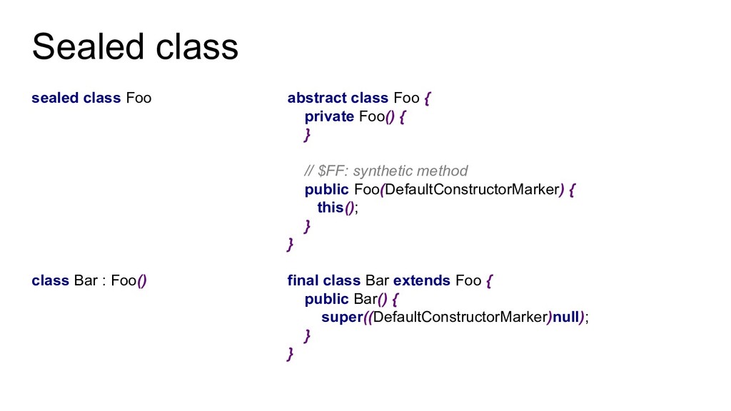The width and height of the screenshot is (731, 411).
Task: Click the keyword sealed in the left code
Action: click(54, 98)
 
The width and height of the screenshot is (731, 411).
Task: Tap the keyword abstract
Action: click(316, 98)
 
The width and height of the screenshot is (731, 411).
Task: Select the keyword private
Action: click(329, 116)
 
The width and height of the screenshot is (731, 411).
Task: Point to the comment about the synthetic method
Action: click(386, 171)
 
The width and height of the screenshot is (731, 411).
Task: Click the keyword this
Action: click(331, 208)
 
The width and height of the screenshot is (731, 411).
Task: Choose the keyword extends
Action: click(421, 280)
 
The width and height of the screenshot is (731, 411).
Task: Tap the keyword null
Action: click(565, 318)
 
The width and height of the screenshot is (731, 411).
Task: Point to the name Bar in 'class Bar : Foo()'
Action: click(85, 280)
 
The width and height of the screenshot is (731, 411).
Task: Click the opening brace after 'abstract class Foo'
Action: click(427, 98)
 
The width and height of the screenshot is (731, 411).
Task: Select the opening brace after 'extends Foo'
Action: click(489, 280)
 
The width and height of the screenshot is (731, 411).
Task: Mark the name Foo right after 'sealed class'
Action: click(138, 98)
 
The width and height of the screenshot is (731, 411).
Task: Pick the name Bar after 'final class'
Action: click(377, 280)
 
